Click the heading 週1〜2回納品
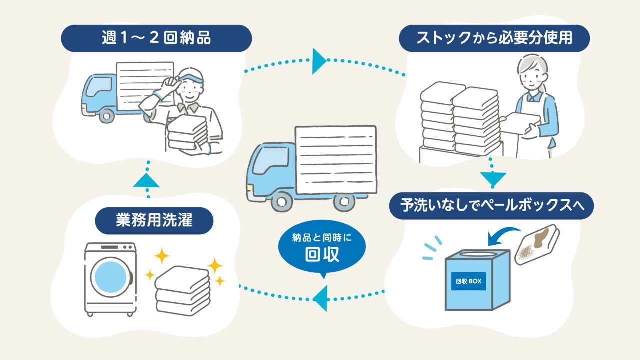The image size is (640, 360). (x=155, y=38)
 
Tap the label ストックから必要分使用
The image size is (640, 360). (x=494, y=38)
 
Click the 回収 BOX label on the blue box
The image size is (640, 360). (x=468, y=281)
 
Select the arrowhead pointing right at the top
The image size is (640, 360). (x=319, y=61)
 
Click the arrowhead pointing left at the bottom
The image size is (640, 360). (x=320, y=299)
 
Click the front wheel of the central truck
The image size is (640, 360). (x=282, y=201)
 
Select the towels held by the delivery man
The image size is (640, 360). (x=187, y=132)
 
